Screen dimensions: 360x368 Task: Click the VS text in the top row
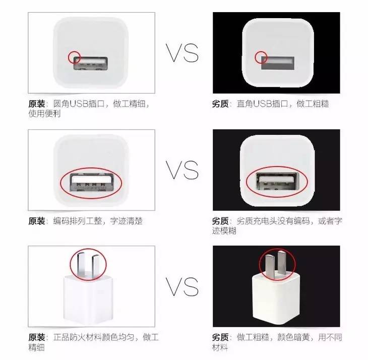click(184, 52)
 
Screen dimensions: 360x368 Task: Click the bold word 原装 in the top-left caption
click(37, 104)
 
